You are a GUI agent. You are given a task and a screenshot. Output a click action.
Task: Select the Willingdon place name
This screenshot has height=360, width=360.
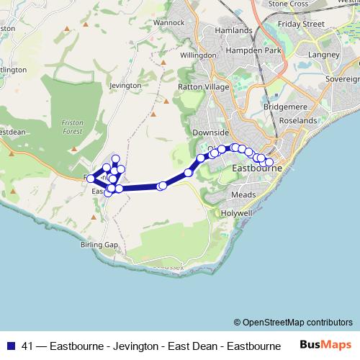tap(198, 55)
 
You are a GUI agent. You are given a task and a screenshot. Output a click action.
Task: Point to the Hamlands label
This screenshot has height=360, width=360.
tap(234, 31)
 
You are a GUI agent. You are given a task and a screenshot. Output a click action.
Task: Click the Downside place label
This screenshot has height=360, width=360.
tap(210, 133)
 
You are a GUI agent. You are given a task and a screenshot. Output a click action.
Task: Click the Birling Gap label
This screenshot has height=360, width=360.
tap(100, 245)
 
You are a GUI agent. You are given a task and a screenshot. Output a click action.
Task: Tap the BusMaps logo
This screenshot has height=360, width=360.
tap(326, 346)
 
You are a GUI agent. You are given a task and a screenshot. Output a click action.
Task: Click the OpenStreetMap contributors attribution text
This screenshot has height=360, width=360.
tap(292, 323)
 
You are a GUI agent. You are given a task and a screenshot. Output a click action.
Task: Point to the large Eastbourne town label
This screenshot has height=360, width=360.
tap(258, 168)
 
